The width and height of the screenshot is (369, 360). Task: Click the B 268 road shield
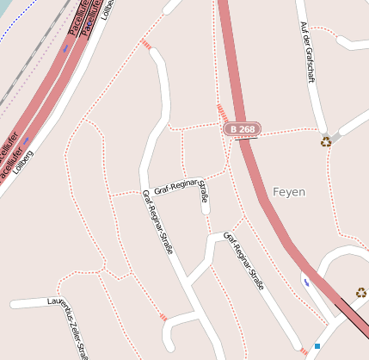click(x=243, y=129)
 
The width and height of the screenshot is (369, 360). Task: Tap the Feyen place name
click(x=289, y=191)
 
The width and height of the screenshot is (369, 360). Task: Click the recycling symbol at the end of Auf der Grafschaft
click(x=326, y=141)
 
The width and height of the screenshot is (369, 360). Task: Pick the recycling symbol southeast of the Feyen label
click(x=361, y=293)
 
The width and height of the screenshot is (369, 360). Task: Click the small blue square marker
click(x=317, y=346)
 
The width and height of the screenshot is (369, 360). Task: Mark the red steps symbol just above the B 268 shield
click(x=222, y=113)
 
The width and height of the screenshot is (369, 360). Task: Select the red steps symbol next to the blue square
click(x=304, y=351)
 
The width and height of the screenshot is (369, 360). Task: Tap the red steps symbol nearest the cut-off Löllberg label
click(x=146, y=43)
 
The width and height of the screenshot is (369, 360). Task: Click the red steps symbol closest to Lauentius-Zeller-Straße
click(x=163, y=318)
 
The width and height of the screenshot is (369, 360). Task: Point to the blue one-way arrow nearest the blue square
click(x=306, y=280)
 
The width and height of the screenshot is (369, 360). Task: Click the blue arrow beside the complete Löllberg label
click(x=27, y=140)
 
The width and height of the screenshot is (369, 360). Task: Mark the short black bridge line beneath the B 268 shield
click(x=245, y=139)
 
